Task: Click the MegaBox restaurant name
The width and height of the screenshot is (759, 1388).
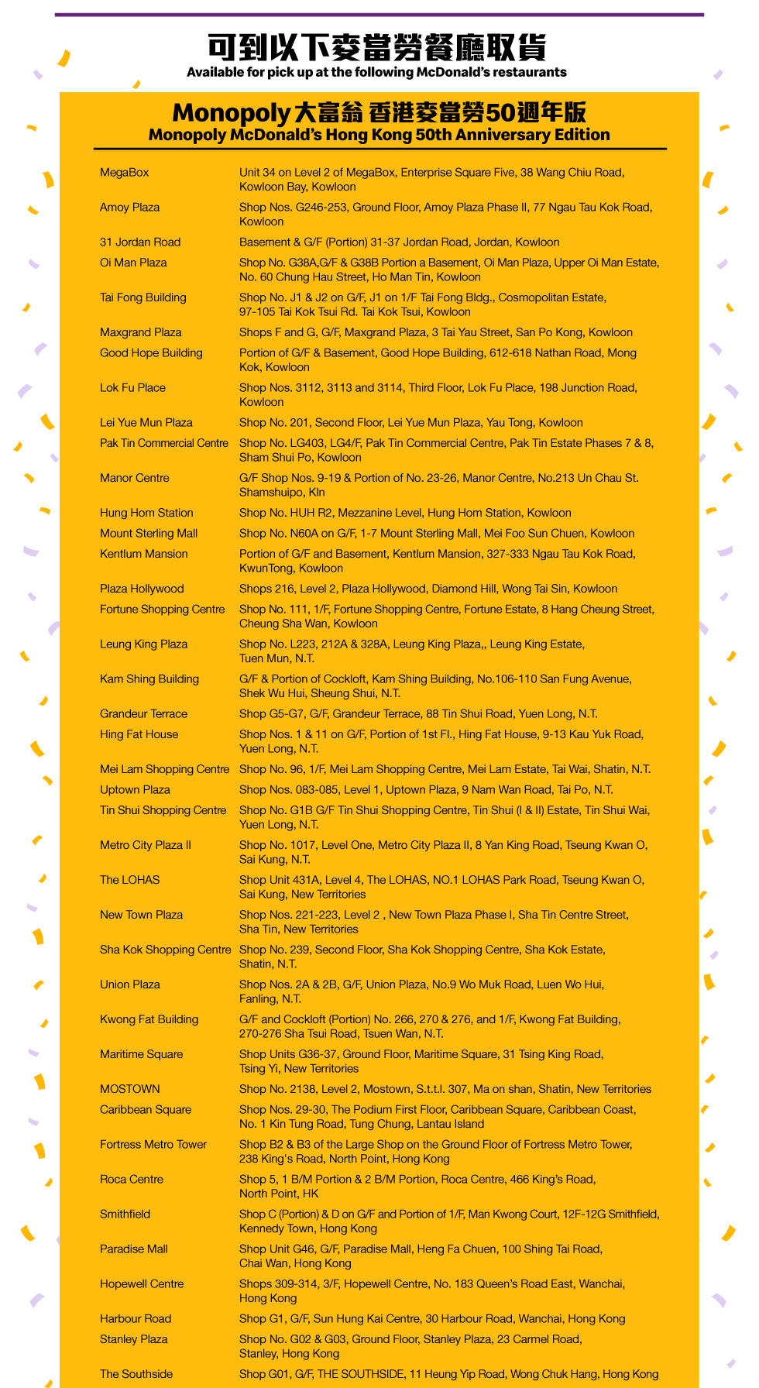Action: (124, 173)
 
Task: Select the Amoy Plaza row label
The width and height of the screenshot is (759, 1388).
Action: (129, 208)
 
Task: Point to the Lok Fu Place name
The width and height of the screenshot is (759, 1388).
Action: (132, 388)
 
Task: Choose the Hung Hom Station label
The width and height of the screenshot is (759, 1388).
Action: (146, 513)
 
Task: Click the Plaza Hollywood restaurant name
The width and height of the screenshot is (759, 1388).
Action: (142, 589)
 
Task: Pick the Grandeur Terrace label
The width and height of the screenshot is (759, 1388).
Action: (143, 714)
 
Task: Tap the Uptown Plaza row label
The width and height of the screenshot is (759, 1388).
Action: (135, 790)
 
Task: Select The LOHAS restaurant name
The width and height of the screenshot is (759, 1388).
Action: (129, 880)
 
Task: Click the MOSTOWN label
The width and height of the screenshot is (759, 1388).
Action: (129, 1089)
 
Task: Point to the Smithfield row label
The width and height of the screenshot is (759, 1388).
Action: (125, 1214)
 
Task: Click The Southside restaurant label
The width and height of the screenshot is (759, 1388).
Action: (136, 1374)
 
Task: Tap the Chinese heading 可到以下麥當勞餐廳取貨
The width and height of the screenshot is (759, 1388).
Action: (377, 47)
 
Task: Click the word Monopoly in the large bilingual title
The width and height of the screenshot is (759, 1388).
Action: (231, 113)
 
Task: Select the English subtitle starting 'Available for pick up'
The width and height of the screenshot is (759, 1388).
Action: (376, 72)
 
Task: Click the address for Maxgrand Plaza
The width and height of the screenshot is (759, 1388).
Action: (435, 332)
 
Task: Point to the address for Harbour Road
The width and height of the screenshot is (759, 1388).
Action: (431, 1319)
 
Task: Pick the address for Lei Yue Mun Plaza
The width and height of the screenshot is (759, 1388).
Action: (410, 423)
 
